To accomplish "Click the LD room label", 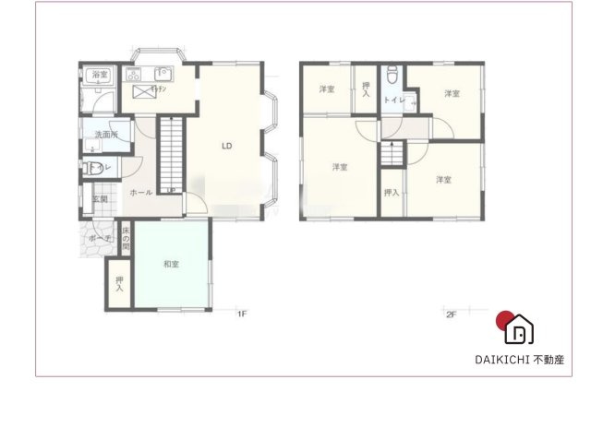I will coord(225,146).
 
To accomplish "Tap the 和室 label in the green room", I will coord(171,264).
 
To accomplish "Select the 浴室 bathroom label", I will coord(98,75).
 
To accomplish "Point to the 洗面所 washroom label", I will coord(106,136).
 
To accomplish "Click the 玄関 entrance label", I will coord(101,198).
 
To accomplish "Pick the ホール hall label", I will coord(140,192).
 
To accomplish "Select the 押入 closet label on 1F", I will coord(119,285).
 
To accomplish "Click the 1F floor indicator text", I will coord(242,314).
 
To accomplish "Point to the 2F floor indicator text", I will coord(452,314).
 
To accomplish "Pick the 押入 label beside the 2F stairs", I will coord(391,192).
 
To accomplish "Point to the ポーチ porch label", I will coord(99,238).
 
